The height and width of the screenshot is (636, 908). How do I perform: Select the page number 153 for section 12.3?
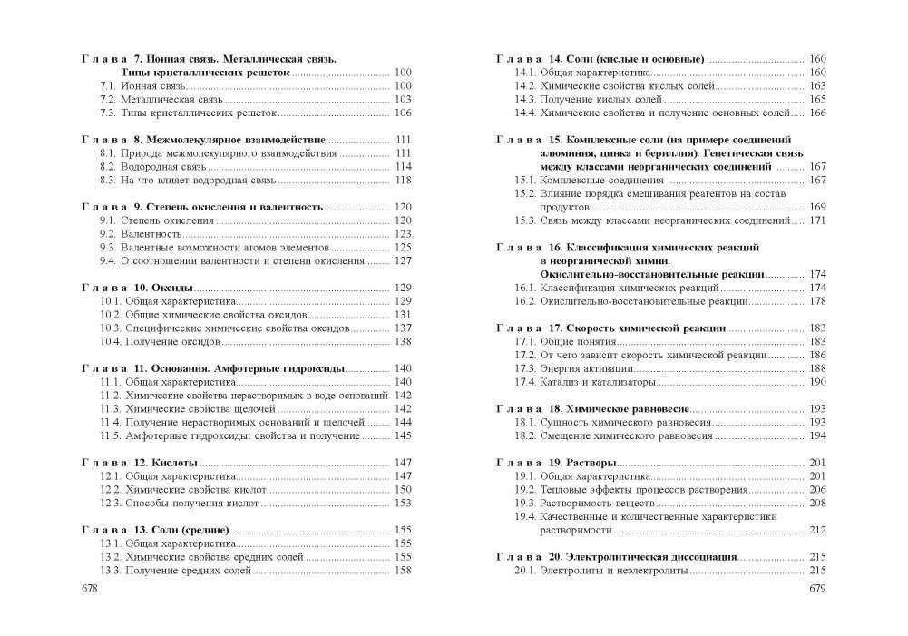click(x=404, y=503)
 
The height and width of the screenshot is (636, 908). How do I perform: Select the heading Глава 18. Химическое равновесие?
click(x=580, y=408)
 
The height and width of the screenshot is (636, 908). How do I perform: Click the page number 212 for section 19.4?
click(x=818, y=530)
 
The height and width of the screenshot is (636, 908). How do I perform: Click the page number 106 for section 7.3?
click(x=404, y=113)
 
